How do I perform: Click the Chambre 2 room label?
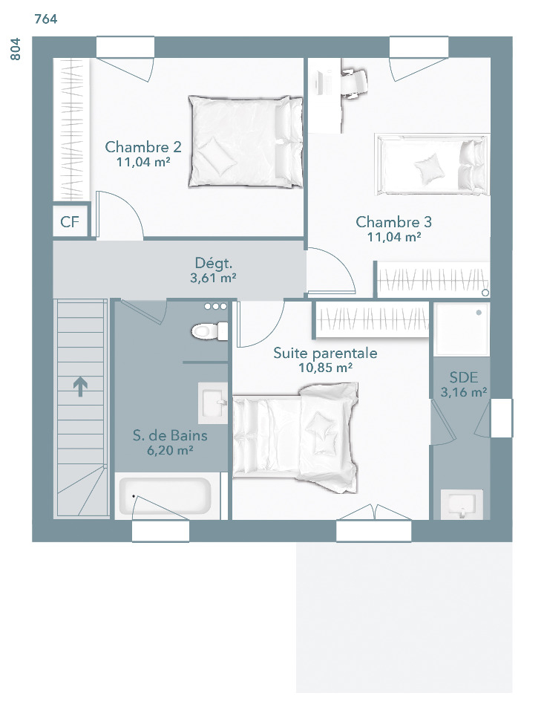143,147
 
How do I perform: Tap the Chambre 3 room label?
393,222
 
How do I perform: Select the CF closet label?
70,222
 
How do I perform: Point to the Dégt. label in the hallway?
214,263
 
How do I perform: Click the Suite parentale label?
325,353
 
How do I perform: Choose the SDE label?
464,377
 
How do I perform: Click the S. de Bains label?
170,436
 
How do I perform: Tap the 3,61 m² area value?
213,278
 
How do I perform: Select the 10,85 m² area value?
325,368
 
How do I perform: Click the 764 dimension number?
46,19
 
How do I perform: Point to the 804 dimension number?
15,49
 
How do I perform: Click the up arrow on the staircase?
80,386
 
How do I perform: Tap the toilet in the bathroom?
209,331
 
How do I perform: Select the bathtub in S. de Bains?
166,495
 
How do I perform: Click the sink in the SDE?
462,504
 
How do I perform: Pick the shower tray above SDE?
462,329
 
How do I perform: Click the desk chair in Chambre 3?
353,82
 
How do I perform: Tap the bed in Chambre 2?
246,141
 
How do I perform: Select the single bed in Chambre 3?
432,165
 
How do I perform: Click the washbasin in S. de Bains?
213,403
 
